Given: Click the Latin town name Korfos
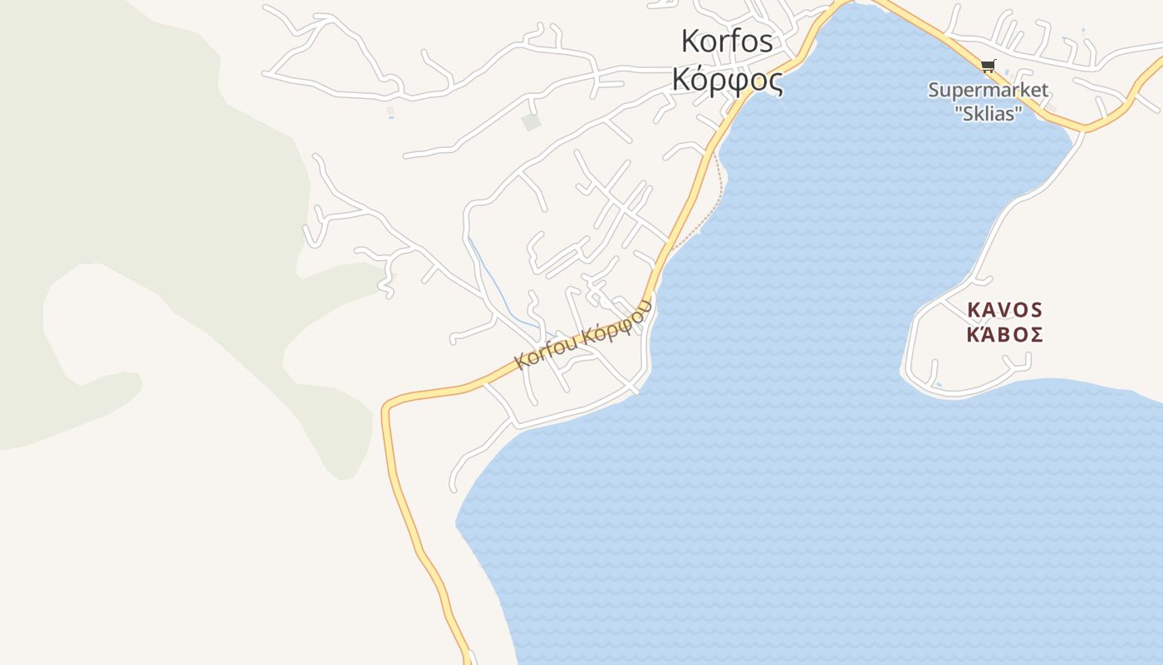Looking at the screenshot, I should (727, 41).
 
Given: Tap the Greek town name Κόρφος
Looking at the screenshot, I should (727, 79).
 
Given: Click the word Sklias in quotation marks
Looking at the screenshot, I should (989, 113).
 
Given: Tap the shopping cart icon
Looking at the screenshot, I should (988, 66).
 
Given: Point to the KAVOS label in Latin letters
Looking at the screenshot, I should (1004, 310).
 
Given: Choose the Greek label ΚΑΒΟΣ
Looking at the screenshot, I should (1004, 335).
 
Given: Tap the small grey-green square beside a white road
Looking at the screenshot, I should (531, 123).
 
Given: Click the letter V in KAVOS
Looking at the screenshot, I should (1004, 310).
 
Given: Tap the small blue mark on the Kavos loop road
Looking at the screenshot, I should (938, 384).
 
